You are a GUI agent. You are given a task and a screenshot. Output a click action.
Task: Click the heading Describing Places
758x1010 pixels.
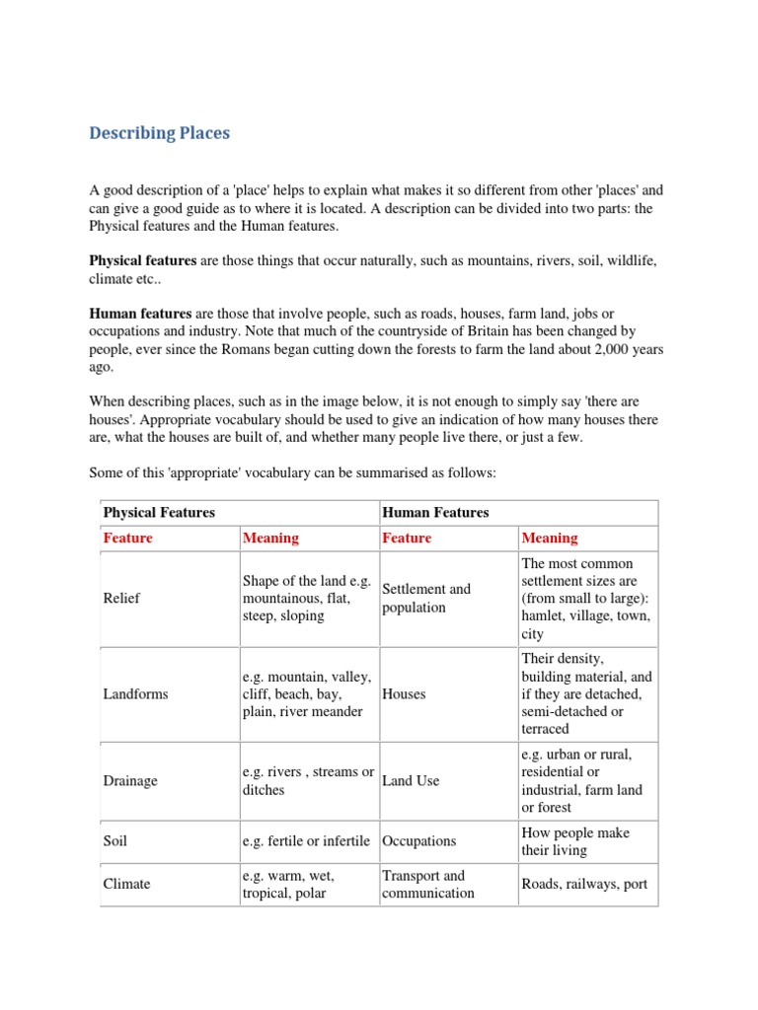coord(159,133)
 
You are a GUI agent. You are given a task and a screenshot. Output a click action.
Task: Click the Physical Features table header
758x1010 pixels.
coord(159,513)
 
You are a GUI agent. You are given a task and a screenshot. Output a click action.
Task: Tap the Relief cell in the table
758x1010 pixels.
coord(121,599)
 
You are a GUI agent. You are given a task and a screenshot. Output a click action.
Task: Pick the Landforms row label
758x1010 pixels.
coord(135,693)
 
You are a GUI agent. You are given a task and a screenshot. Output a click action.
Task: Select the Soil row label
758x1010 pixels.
coord(115,841)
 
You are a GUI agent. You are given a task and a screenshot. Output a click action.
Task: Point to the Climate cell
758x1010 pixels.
coord(126,884)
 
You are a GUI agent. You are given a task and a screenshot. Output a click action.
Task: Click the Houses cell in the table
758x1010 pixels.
coord(404,693)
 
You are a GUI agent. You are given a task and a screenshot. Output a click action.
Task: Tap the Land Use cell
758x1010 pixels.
coord(410,781)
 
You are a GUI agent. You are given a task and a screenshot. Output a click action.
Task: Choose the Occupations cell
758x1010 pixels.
coord(418,841)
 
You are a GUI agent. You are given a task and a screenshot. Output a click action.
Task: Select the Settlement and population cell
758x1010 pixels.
coord(425,599)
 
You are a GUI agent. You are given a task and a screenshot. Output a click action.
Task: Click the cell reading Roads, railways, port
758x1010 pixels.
coord(584,884)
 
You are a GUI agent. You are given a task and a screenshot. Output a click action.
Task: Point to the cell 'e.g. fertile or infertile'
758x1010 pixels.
coord(306,841)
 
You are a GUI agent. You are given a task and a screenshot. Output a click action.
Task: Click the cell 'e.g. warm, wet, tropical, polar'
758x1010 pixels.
coord(288,884)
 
